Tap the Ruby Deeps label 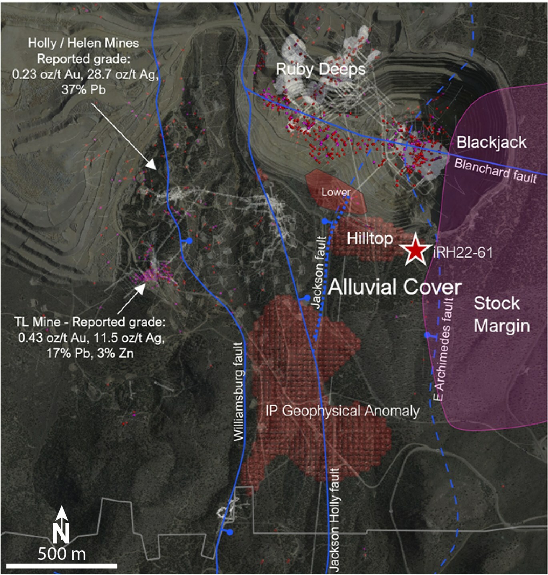pyautogui.click(x=321, y=69)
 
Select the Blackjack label pyautogui.click(x=491, y=142)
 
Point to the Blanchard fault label pyautogui.click(x=495, y=171)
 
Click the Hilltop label pyautogui.click(x=369, y=238)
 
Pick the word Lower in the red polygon pyautogui.click(x=336, y=192)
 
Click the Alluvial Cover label pyautogui.click(x=395, y=287)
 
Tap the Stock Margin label pyautogui.click(x=502, y=315)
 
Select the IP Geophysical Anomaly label pyautogui.click(x=343, y=411)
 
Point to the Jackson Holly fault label pyautogui.click(x=334, y=519)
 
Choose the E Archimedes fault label pyautogui.click(x=443, y=349)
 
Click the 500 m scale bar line pyautogui.click(x=62, y=566)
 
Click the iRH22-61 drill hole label pyautogui.click(x=463, y=252)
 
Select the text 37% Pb pyautogui.click(x=83, y=90)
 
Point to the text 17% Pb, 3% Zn pyautogui.click(x=90, y=353)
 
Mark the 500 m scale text pyautogui.click(x=62, y=554)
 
